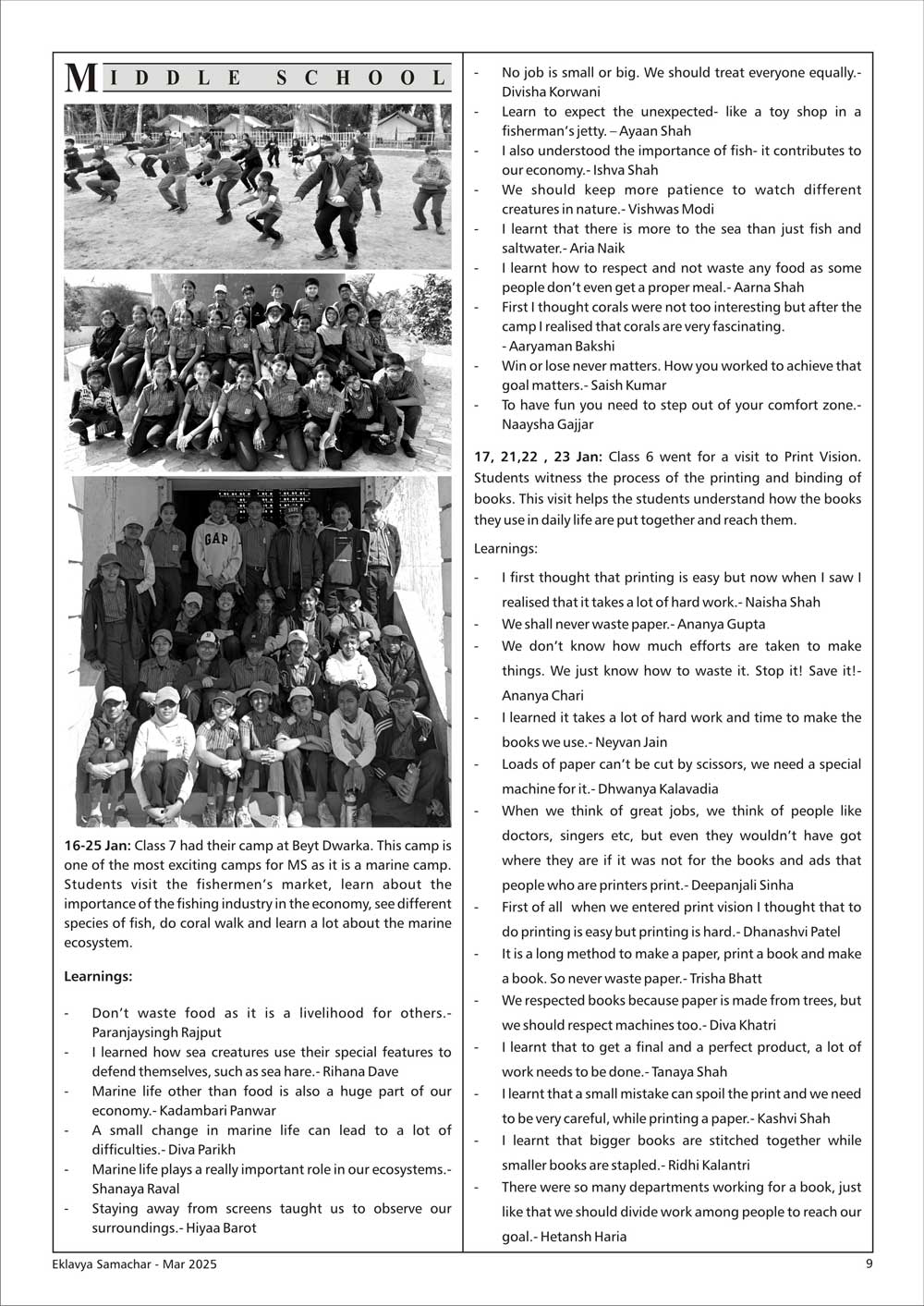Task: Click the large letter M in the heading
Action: [x=81, y=78]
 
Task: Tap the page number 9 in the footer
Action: [x=868, y=1263]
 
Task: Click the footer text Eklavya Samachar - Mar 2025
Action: [x=135, y=1264]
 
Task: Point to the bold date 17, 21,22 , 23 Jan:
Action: [x=538, y=457]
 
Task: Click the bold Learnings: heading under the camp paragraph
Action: [x=98, y=976]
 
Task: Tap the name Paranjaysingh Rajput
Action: [x=156, y=1032]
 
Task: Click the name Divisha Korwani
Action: [x=551, y=92]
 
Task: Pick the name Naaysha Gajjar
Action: [x=548, y=424]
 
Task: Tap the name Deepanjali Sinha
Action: [x=742, y=885]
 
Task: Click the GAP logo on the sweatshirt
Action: [x=216, y=538]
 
